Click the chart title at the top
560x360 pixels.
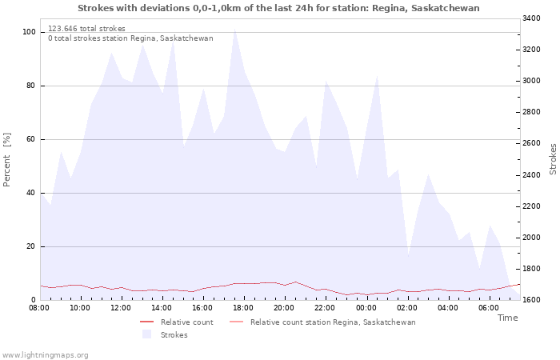(x=278, y=8)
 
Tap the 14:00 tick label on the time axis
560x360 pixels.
(x=162, y=308)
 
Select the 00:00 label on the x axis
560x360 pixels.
(x=366, y=308)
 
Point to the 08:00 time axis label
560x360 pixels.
(x=39, y=308)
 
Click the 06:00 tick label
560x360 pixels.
(x=489, y=308)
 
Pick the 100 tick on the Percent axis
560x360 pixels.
(x=29, y=32)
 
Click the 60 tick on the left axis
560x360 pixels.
(x=31, y=139)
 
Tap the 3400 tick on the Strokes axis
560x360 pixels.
(x=531, y=18)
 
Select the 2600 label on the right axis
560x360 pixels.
(x=531, y=143)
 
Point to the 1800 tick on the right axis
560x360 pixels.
(x=531, y=269)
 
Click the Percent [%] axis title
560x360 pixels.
(x=6, y=160)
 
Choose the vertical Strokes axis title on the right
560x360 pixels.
(x=553, y=159)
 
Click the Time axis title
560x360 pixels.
(x=507, y=318)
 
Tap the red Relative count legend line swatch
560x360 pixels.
(x=146, y=322)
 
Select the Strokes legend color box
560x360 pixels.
(x=146, y=334)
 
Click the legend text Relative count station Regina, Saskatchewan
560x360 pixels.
(x=333, y=322)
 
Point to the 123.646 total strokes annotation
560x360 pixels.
(x=86, y=29)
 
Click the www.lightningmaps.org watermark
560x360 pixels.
(x=44, y=355)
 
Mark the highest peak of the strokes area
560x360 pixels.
(x=234, y=29)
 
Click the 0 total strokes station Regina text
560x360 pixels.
(x=130, y=38)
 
